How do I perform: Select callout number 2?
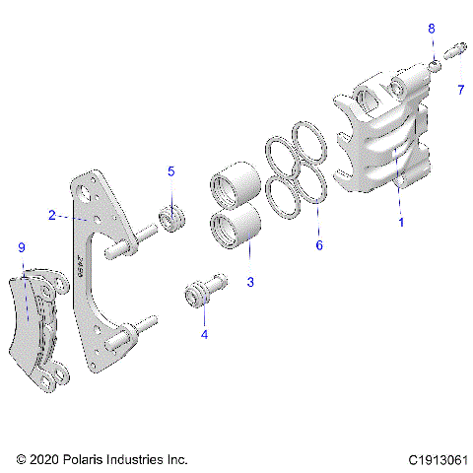[50, 214]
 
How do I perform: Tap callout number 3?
[250, 282]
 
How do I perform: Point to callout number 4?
[204, 334]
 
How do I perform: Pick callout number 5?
[170, 171]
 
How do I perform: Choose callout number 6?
[318, 245]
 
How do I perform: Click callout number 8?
[431, 30]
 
